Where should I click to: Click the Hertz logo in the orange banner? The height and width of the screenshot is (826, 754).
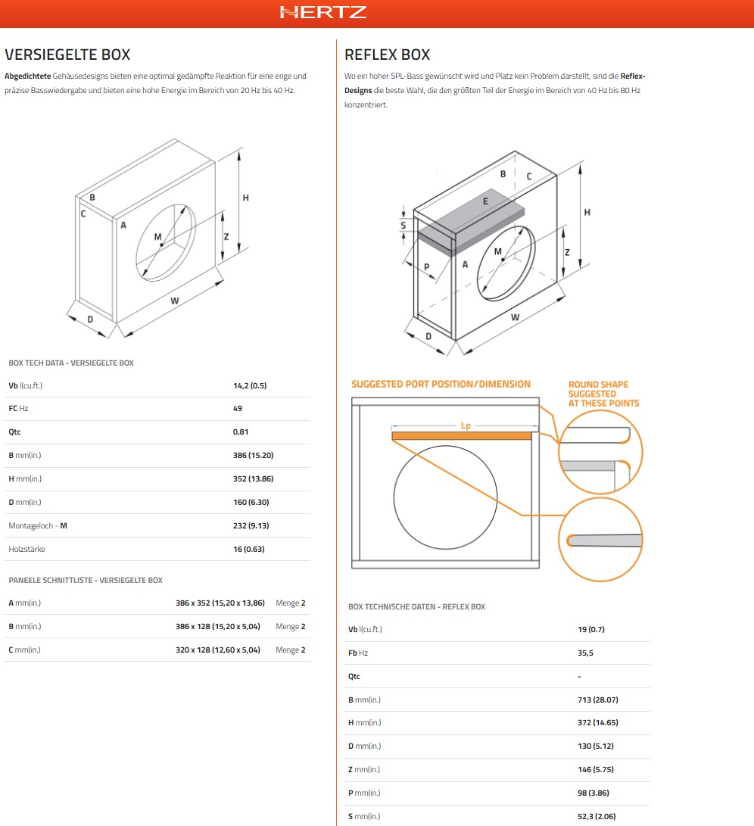323,12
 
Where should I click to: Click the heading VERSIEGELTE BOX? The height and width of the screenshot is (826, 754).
67,55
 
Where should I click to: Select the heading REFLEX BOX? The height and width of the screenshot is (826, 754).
387,55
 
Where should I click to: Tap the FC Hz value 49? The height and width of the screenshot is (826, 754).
238,408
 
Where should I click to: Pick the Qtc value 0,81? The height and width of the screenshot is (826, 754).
241,432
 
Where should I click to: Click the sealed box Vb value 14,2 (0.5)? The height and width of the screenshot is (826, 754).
250,385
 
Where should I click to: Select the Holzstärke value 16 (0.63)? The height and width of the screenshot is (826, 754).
249,549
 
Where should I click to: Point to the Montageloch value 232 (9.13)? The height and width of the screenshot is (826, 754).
251,525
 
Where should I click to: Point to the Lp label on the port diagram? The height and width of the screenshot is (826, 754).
466,425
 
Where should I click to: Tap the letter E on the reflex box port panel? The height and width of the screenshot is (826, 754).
485,201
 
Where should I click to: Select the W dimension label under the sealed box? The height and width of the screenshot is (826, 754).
174,301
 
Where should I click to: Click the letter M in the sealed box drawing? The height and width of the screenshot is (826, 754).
158,237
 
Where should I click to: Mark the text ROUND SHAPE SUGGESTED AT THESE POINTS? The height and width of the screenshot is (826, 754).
603,394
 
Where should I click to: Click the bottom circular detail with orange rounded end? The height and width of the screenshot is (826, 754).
600,539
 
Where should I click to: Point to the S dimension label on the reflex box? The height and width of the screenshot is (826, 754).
403,225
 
